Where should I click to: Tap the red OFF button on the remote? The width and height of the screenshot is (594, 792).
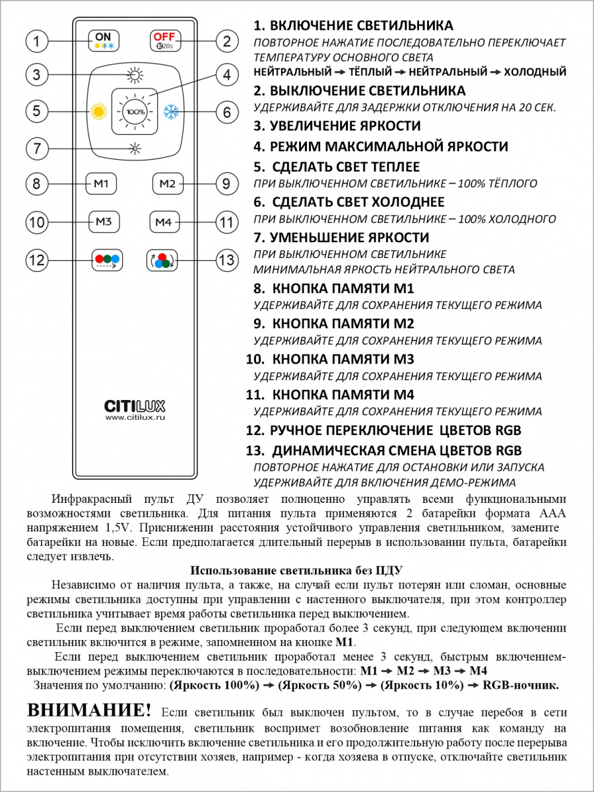164,41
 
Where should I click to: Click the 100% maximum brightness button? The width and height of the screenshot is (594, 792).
135,111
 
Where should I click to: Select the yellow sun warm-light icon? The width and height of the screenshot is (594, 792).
99,111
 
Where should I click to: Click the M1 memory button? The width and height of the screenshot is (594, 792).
102,183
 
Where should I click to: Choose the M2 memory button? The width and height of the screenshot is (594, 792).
168,183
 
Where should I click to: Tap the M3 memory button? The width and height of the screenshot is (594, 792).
104,222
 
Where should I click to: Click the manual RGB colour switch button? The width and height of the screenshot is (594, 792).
106,260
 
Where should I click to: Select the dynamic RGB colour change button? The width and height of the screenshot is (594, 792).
162,260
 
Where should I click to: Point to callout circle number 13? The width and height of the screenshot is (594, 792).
226,260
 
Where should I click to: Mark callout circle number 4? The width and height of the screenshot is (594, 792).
226,75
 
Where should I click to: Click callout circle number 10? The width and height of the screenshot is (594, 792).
37,222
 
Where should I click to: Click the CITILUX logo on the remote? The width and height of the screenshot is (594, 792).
135,405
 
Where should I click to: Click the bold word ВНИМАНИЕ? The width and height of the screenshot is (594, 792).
89,711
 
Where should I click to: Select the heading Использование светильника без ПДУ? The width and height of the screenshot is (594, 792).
296,570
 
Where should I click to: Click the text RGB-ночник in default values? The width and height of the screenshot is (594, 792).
521,685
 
